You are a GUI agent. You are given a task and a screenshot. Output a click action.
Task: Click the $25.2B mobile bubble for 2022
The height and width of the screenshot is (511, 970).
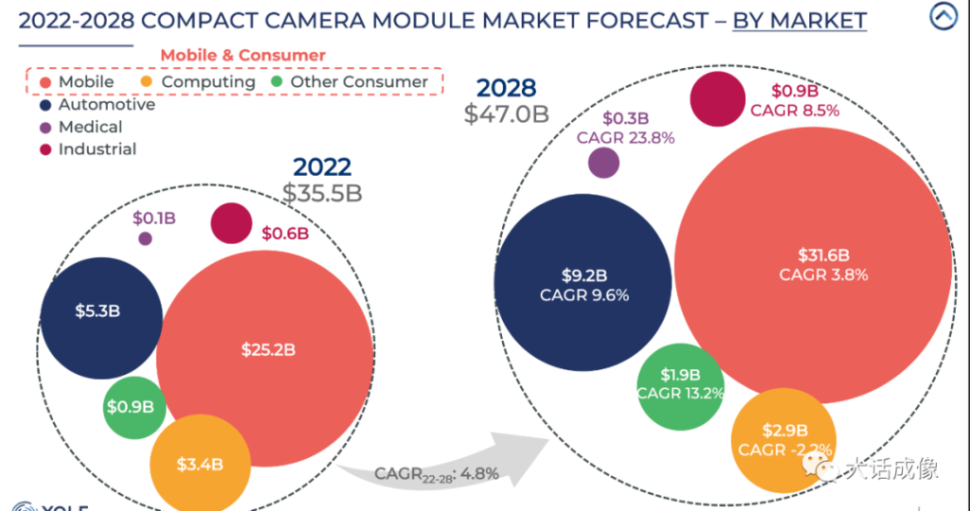point(265,350)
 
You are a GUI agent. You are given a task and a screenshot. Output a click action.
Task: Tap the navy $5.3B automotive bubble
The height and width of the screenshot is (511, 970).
point(98,311)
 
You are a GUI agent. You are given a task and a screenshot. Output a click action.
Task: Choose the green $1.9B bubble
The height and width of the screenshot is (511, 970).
point(680,382)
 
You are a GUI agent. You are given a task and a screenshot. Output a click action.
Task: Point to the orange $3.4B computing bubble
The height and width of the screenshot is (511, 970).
point(199,464)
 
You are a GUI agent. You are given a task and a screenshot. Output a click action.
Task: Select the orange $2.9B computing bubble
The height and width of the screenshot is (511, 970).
point(783,439)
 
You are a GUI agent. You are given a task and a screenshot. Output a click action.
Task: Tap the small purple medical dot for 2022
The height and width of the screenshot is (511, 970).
point(145,238)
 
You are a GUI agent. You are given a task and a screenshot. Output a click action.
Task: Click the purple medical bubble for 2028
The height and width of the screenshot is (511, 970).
point(603,162)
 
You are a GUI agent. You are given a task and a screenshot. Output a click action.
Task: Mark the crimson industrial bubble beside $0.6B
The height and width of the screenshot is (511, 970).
point(231,223)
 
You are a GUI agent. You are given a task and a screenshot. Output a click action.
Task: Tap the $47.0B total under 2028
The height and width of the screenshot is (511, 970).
point(507,115)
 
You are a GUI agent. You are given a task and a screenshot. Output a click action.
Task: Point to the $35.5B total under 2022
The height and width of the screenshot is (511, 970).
point(322,193)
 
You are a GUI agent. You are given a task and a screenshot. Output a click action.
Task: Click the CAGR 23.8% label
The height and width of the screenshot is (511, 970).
point(625,138)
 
